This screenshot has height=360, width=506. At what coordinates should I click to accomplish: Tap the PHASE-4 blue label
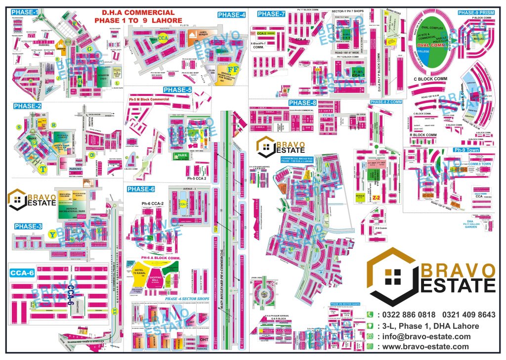click(232, 15)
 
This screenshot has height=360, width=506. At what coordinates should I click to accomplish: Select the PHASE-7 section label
click(271, 13)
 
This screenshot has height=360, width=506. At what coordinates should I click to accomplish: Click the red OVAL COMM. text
click(428, 45)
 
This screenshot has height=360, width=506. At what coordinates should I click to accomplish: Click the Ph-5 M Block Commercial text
click(149, 99)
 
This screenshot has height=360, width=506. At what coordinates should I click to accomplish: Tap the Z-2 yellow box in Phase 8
click(376, 197)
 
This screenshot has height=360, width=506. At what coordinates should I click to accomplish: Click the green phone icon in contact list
click(369, 315)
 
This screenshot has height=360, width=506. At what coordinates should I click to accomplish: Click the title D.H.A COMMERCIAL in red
click(138, 12)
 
